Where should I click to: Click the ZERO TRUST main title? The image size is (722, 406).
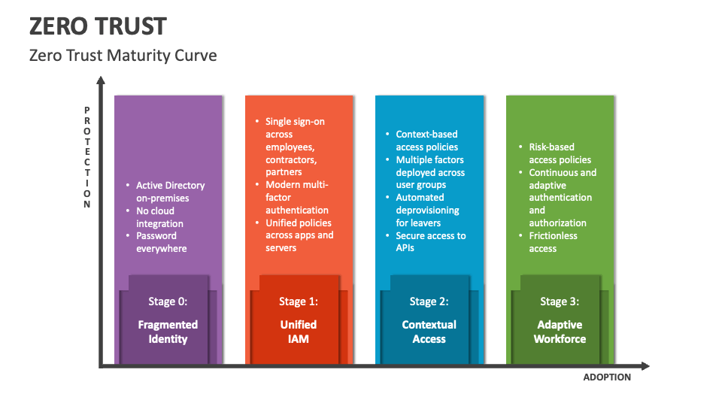[x=98, y=26]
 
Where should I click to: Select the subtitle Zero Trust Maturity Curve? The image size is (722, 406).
[x=123, y=55]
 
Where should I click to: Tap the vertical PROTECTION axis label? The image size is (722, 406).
[x=87, y=157]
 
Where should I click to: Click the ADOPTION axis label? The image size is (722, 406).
[x=607, y=377]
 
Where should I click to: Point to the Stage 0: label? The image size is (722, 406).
[x=168, y=301]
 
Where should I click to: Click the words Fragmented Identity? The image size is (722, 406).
[x=168, y=332]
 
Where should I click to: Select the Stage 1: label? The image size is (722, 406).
[x=299, y=301]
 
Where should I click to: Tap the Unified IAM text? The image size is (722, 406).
[x=299, y=332]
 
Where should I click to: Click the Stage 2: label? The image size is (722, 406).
[x=429, y=301]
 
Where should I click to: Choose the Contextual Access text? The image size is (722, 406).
[x=429, y=332]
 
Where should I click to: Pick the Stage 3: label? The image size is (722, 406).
[x=560, y=301]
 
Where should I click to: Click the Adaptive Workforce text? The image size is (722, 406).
[x=560, y=332]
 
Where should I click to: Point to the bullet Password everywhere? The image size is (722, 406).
[x=161, y=242]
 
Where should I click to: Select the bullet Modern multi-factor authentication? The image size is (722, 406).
[x=297, y=197]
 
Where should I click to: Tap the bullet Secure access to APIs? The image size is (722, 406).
[x=430, y=242]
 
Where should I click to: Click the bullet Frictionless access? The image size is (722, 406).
[x=553, y=242]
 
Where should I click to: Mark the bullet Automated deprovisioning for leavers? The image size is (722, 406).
[x=428, y=210]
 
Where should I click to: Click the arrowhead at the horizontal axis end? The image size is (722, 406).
[x=645, y=366]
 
